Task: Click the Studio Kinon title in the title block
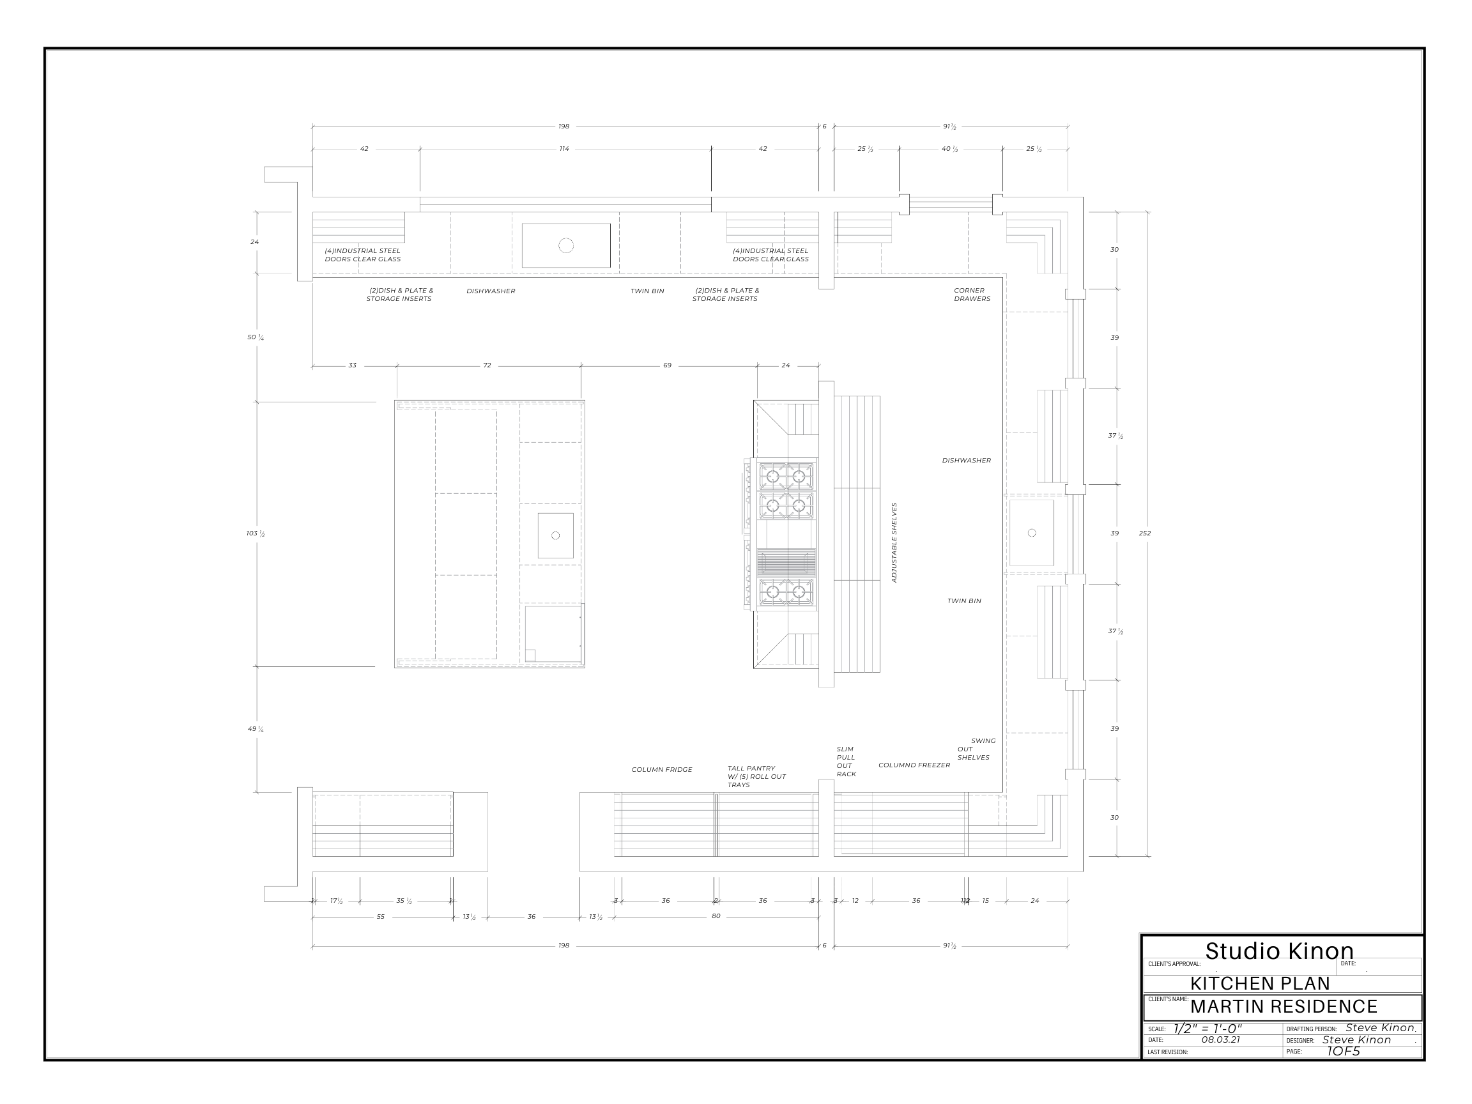pyautogui.click(x=1279, y=951)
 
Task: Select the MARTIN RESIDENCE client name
pyautogui.click(x=1283, y=1006)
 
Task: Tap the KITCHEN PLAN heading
pyautogui.click(x=1260, y=983)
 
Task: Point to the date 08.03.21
pyautogui.click(x=1220, y=1039)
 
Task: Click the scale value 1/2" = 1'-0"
pyautogui.click(x=1207, y=1029)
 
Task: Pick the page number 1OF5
pyautogui.click(x=1343, y=1052)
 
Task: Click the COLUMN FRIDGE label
pyautogui.click(x=661, y=770)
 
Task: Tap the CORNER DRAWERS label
pyautogui.click(x=972, y=295)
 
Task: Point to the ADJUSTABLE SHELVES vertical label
pyautogui.click(x=894, y=542)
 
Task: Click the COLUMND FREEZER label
pyautogui.click(x=914, y=765)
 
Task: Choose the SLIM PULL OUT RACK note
pyautogui.click(x=846, y=762)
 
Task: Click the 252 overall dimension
pyautogui.click(x=1145, y=533)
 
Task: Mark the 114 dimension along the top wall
pyautogui.click(x=564, y=149)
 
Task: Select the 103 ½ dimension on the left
pyautogui.click(x=256, y=533)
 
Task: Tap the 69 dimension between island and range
pyautogui.click(x=667, y=365)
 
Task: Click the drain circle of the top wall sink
pyautogui.click(x=565, y=245)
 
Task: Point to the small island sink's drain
pyautogui.click(x=556, y=535)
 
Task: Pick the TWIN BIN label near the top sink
pyautogui.click(x=647, y=291)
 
